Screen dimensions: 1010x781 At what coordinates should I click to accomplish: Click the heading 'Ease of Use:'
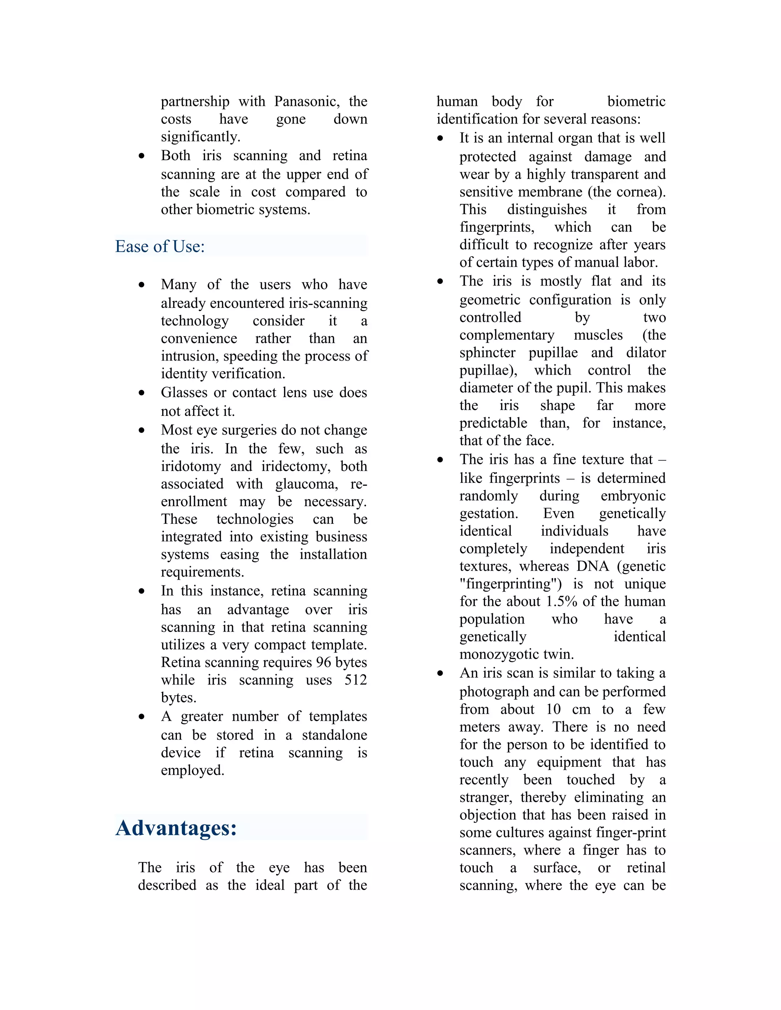[x=160, y=247]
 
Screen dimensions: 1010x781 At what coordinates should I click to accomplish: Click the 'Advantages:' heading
[x=176, y=828]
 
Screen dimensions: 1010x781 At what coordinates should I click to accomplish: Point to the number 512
[x=355, y=680]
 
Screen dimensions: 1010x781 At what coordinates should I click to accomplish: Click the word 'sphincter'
[x=487, y=353]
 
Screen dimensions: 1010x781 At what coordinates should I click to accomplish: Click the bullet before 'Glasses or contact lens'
[x=141, y=393]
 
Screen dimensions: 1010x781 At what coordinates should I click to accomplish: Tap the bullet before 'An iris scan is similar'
[x=440, y=674]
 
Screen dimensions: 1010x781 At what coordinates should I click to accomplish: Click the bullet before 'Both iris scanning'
[x=141, y=156]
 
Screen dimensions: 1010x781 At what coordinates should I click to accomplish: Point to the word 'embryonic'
[x=633, y=496]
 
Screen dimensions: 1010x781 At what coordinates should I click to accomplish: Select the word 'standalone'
[x=334, y=735]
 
